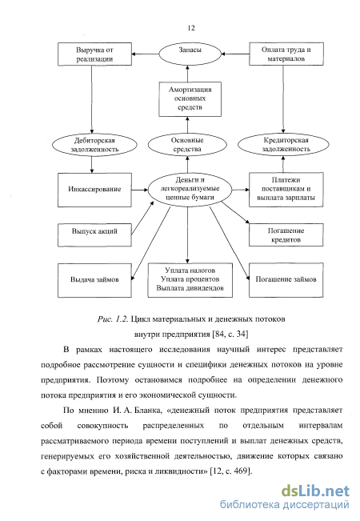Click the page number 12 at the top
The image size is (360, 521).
191,28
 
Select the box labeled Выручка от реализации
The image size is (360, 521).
94,54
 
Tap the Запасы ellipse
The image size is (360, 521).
190,54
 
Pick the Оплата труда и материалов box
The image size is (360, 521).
286,54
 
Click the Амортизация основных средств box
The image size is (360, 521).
190,99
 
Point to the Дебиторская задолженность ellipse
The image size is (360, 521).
94,145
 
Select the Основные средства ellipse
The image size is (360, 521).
187,145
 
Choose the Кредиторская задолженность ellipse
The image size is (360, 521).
284,145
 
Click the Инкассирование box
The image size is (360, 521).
94,190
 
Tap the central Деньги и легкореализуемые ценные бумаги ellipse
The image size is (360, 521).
190,189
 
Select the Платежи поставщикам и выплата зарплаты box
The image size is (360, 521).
286,190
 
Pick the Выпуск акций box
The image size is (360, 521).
94,235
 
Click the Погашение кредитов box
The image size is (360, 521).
286,235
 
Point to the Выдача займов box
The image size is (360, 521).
94,280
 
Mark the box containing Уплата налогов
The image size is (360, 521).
190,280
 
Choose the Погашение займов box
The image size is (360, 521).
286,280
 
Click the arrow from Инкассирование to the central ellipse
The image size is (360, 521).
140,190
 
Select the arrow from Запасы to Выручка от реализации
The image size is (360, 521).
145,54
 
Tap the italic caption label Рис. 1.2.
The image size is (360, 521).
113,319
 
